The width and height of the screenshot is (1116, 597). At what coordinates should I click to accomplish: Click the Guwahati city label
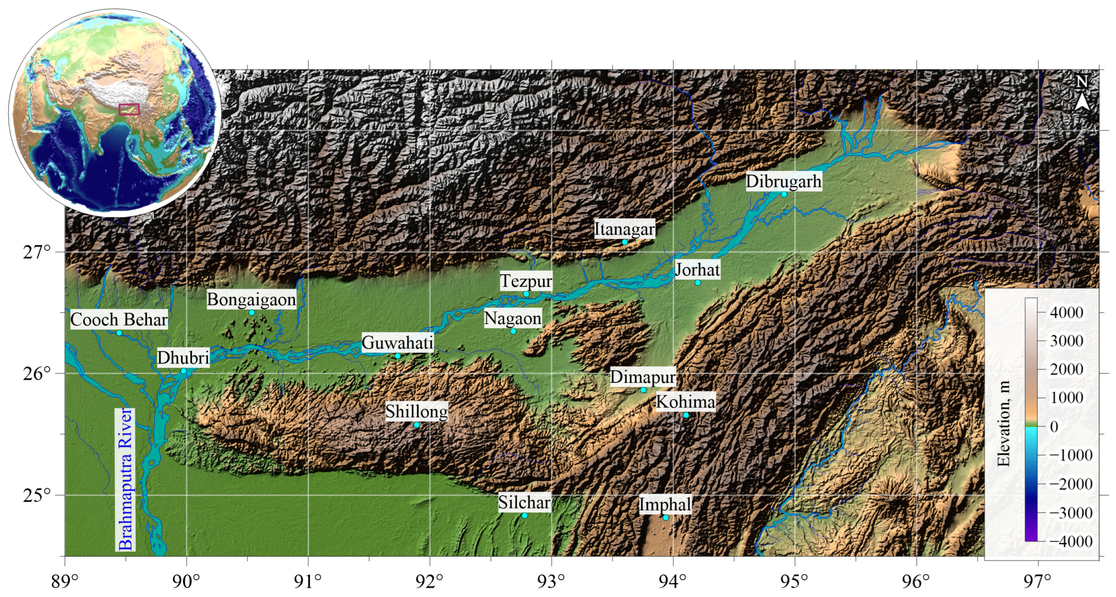tap(397, 343)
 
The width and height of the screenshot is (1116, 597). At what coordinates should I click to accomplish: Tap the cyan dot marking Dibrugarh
tap(784, 195)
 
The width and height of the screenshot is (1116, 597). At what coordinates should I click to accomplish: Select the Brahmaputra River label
tap(125, 479)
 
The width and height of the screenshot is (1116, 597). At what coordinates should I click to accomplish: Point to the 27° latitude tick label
tap(37, 252)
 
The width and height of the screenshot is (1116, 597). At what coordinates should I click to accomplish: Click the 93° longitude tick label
tap(552, 581)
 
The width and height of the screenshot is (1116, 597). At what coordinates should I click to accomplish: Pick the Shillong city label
tap(417, 411)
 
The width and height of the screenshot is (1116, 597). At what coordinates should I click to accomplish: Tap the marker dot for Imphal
tap(665, 518)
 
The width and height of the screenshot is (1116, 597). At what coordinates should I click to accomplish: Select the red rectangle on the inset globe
tap(129, 109)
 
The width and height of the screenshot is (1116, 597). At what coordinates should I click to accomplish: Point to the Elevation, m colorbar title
tap(1003, 423)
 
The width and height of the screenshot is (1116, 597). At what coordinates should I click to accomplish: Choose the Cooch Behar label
tap(119, 320)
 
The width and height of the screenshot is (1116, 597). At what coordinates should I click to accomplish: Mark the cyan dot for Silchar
tap(524, 515)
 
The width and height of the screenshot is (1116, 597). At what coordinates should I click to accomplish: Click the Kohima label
tap(685, 402)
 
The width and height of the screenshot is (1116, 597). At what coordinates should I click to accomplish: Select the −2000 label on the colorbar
tap(1070, 484)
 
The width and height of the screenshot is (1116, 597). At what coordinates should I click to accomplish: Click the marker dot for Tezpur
tap(526, 294)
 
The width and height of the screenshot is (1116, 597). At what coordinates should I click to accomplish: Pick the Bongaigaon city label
tap(251, 300)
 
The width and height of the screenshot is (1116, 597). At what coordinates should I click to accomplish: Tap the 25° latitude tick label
tap(37, 495)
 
